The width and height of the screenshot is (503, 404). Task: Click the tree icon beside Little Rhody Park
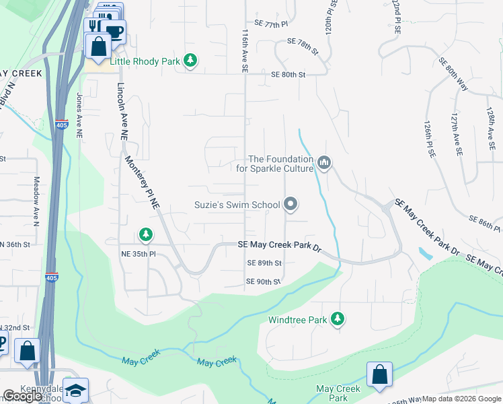coord(190,61)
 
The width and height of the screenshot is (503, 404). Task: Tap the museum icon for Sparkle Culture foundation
coord(324,164)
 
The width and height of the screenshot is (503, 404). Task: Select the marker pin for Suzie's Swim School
coord(291,203)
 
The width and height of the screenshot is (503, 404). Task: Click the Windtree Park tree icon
coord(338,319)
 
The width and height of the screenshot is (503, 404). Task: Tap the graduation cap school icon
coord(76,391)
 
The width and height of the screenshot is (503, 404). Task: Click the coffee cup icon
coord(114,31)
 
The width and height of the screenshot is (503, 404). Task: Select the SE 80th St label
coord(288,75)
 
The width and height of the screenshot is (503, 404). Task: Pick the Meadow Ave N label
coord(36,196)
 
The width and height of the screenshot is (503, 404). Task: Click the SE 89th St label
coord(264,263)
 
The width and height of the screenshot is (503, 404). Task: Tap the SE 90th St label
coord(263,281)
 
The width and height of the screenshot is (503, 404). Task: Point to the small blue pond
coord(425,254)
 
